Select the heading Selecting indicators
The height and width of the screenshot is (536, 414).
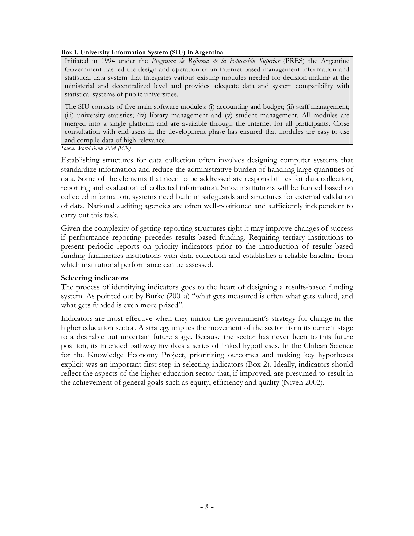click(94, 278)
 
